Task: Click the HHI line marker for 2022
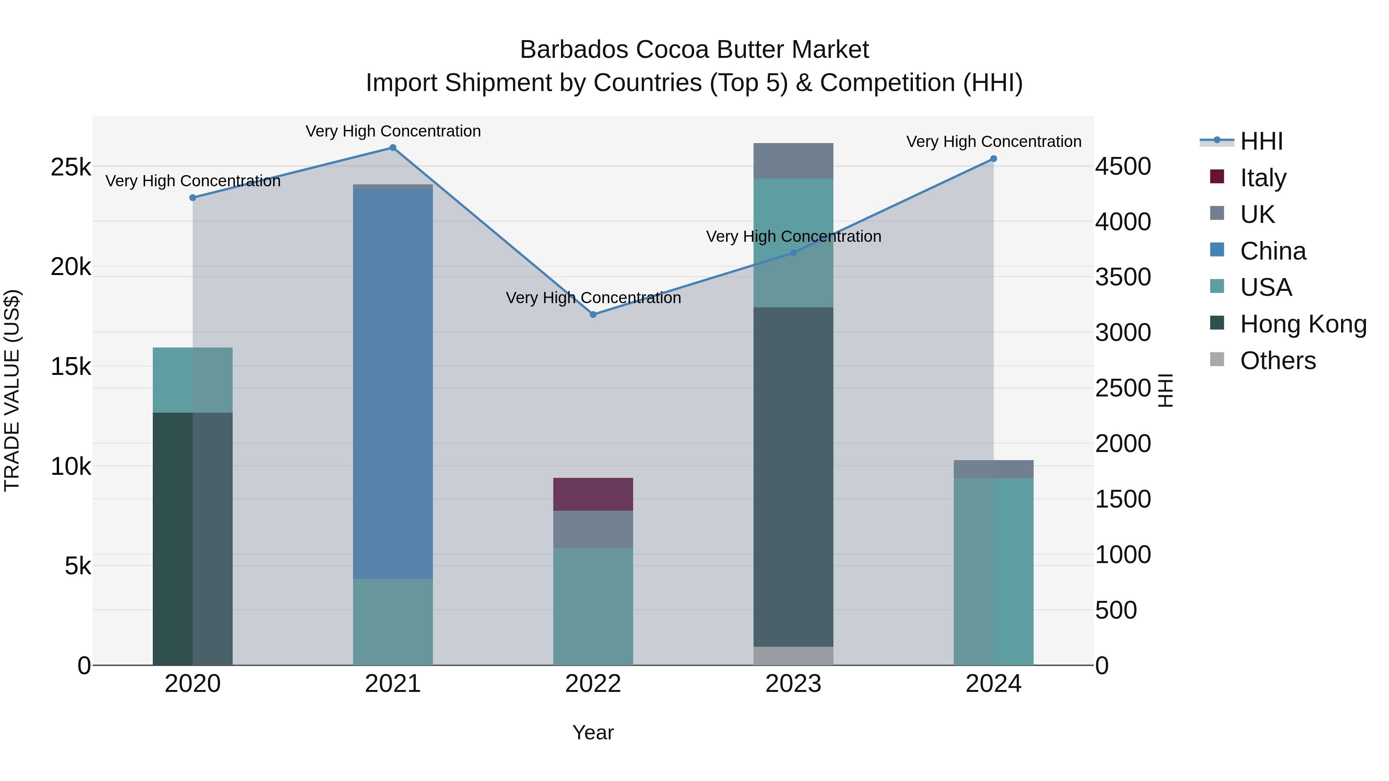(593, 314)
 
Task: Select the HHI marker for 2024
(994, 159)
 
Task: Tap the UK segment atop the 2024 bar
(994, 469)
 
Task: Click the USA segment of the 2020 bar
(193, 380)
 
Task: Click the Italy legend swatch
(1217, 176)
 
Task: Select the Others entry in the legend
(1277, 361)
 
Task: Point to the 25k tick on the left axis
(71, 167)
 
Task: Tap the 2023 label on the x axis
(793, 684)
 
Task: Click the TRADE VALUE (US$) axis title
(12, 390)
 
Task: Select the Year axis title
(593, 732)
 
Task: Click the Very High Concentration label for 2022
(593, 297)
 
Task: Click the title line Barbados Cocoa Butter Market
(694, 50)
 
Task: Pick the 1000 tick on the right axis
(1123, 555)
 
